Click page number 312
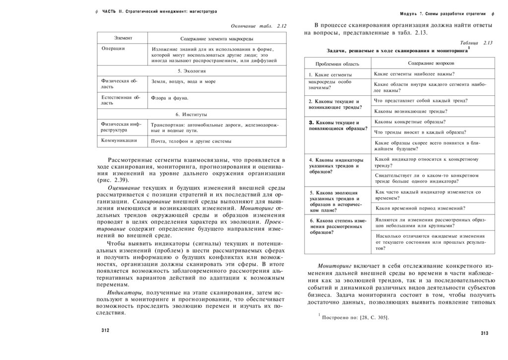tap(105, 330)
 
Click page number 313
tap(485, 333)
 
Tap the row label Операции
tap(113, 49)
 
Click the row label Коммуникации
tap(119, 141)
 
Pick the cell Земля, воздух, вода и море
tap(184, 81)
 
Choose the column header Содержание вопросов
tap(431, 64)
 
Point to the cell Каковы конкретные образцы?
tap(410, 122)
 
